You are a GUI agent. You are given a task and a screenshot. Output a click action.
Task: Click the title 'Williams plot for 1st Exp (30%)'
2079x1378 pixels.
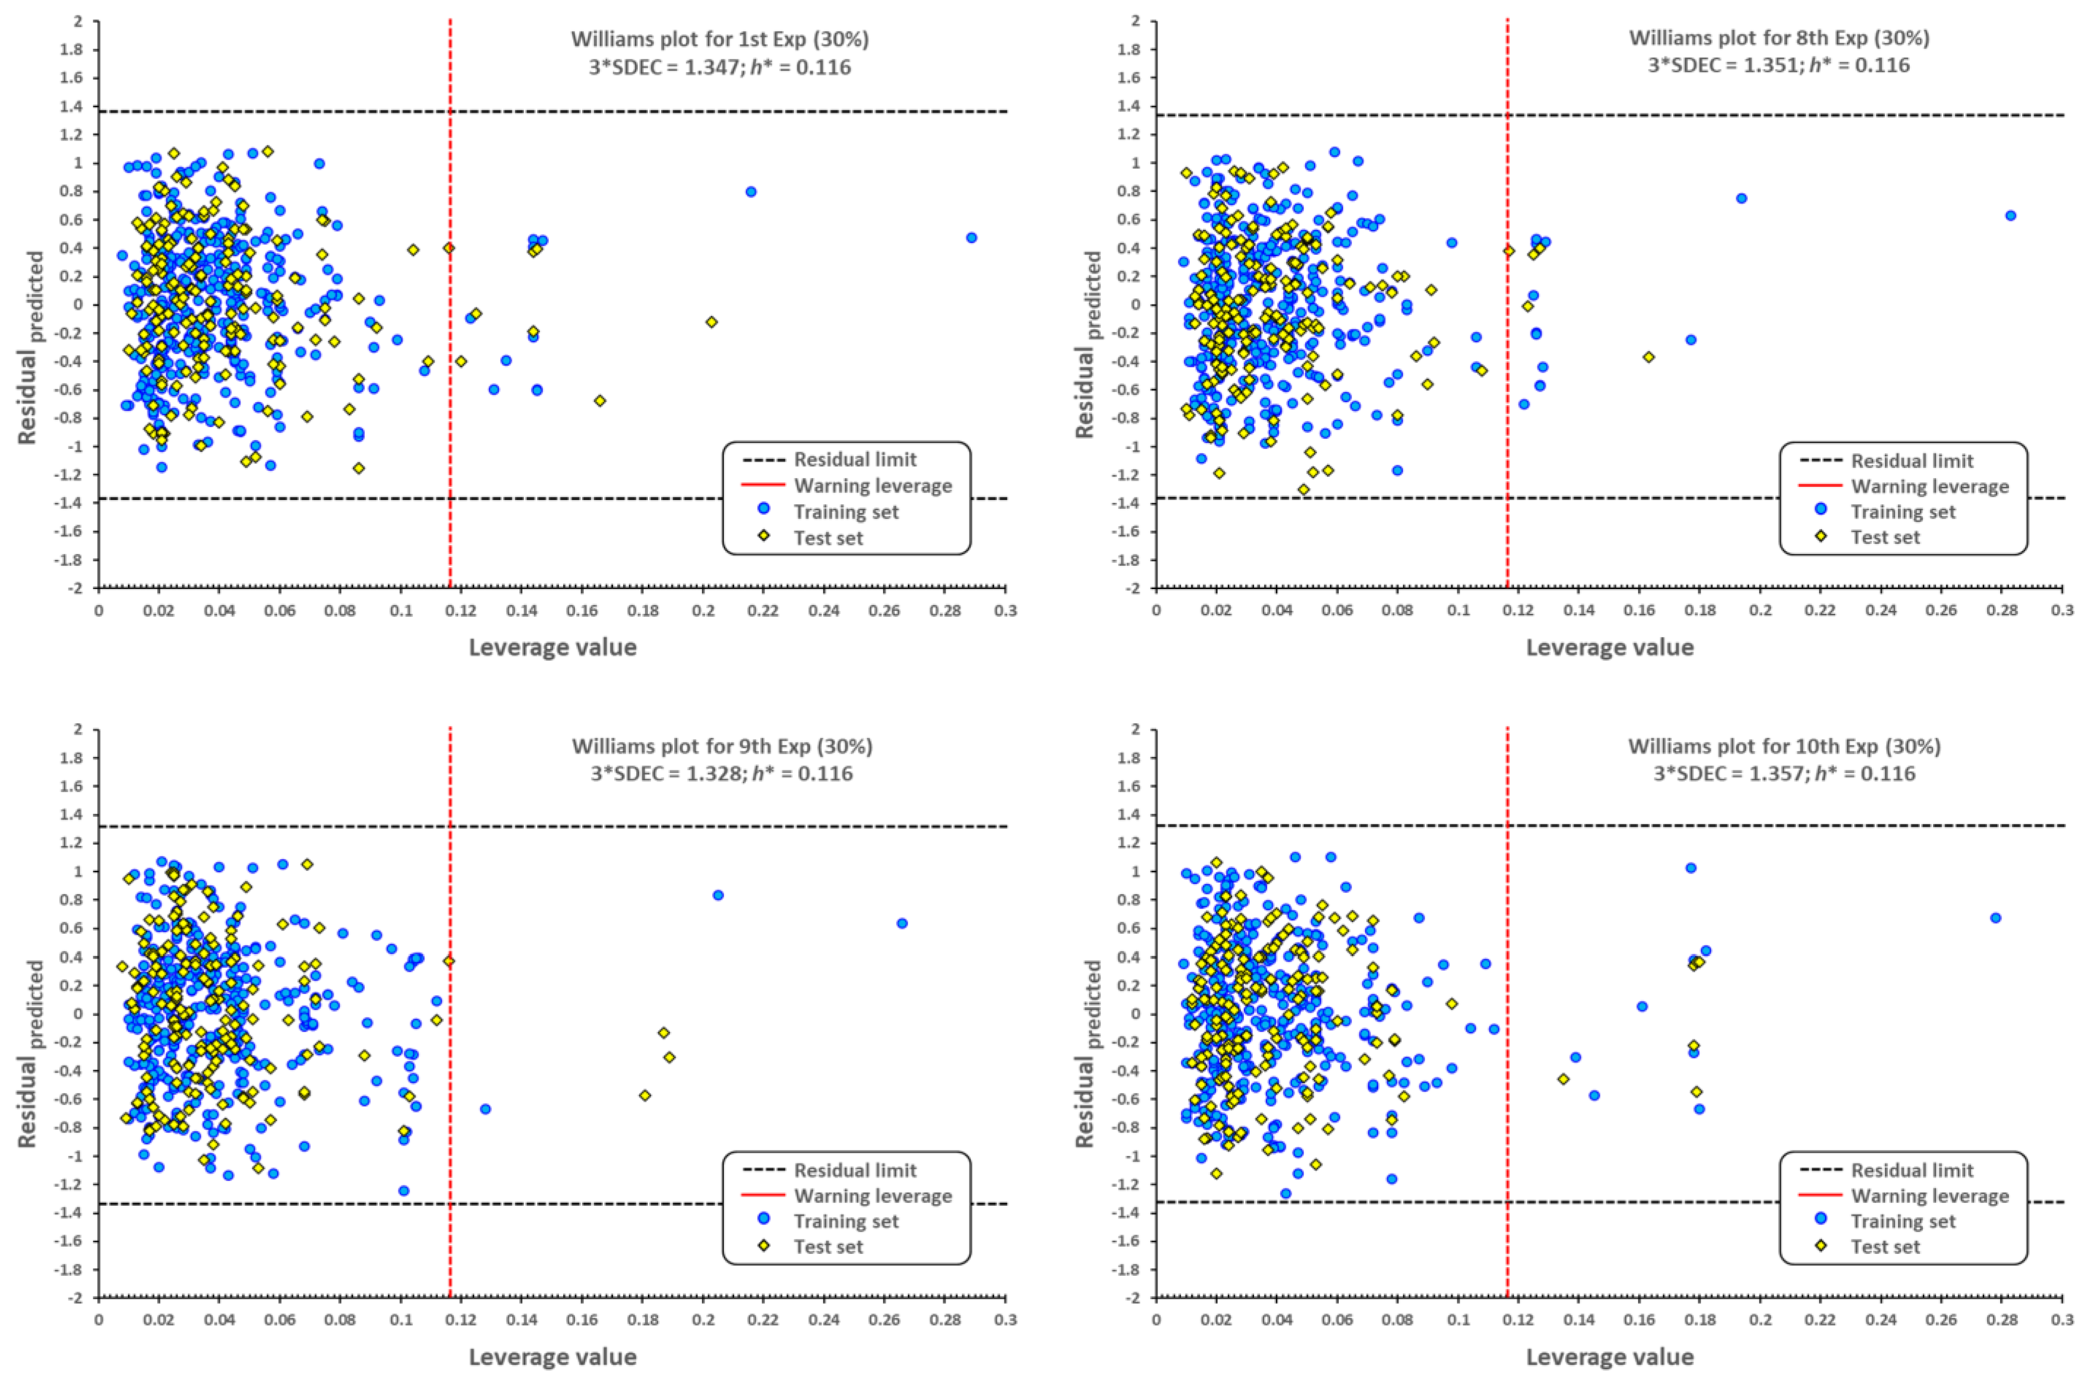pyautogui.click(x=719, y=38)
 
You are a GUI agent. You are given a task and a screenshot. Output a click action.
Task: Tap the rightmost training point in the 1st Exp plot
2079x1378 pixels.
pyautogui.click(x=971, y=237)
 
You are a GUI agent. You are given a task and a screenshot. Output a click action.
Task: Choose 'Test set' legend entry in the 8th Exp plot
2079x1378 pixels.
pyautogui.click(x=1885, y=537)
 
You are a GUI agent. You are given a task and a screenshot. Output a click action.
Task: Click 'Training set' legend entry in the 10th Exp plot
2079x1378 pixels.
pyautogui.click(x=1903, y=1221)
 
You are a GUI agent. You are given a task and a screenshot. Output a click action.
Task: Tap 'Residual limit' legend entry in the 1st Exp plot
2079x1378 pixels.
pyautogui.click(x=855, y=460)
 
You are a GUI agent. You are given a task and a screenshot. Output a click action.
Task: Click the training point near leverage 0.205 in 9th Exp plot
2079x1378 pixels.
pyautogui.click(x=718, y=895)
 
